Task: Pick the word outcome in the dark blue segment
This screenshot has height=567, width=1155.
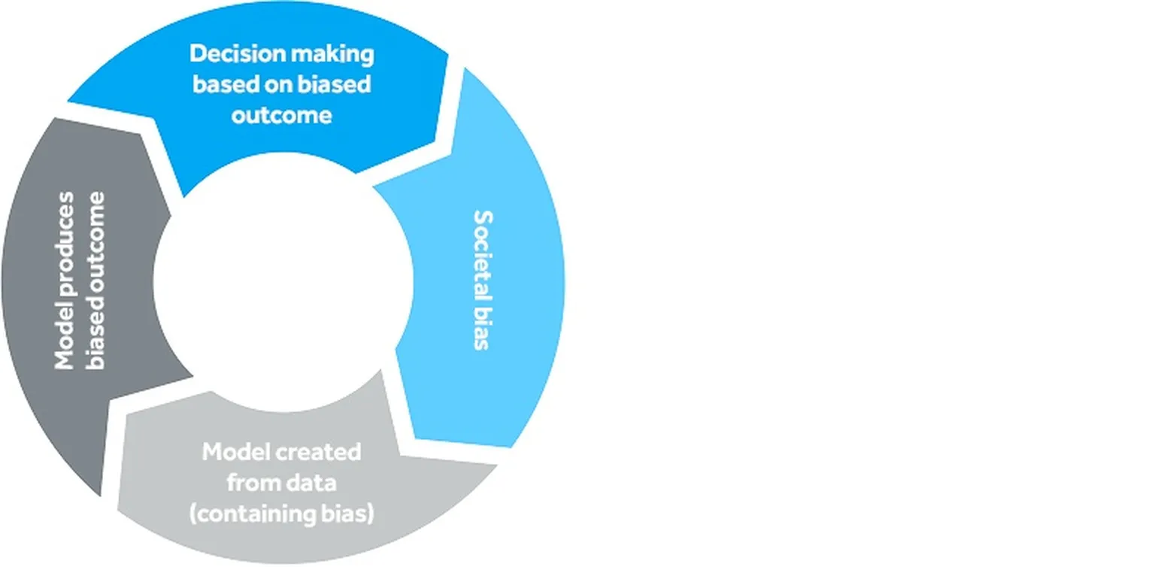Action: [x=281, y=115]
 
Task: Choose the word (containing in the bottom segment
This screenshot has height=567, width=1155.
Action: [x=251, y=515]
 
